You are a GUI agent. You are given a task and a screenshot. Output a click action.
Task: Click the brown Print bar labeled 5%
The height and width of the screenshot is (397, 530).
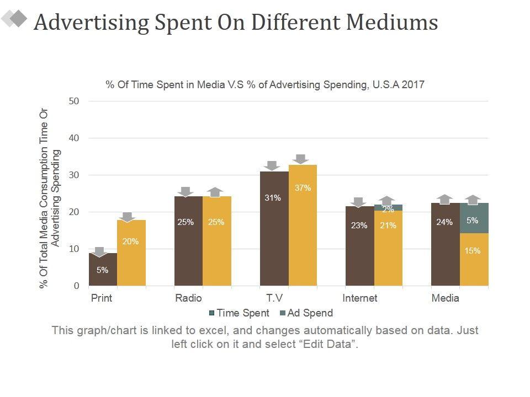[103, 270]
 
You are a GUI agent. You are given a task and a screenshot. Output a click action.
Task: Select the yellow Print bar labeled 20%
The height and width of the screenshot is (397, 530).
[131, 253]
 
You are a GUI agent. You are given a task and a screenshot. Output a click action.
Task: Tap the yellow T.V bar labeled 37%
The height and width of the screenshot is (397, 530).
[303, 225]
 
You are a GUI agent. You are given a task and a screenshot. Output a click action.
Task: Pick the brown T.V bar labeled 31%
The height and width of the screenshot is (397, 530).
[274, 228]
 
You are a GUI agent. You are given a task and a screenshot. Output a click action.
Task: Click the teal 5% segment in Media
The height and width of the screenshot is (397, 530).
[474, 218]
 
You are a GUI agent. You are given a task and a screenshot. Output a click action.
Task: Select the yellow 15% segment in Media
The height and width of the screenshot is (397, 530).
[474, 259]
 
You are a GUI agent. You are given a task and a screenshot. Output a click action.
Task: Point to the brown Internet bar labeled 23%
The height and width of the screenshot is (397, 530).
[359, 246]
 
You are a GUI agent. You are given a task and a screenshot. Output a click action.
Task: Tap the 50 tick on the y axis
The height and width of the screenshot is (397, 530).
[75, 101]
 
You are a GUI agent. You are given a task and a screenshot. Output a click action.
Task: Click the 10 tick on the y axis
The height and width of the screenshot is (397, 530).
[75, 249]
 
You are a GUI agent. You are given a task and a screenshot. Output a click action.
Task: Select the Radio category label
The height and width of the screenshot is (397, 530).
[188, 298]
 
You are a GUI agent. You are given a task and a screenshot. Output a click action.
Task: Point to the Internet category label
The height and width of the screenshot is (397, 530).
[360, 298]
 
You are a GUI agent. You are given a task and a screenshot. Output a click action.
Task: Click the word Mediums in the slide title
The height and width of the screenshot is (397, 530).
[392, 22]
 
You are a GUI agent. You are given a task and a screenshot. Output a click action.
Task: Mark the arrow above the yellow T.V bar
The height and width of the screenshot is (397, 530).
[301, 159]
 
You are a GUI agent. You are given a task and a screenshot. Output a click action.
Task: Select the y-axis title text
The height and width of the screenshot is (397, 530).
[49, 198]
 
